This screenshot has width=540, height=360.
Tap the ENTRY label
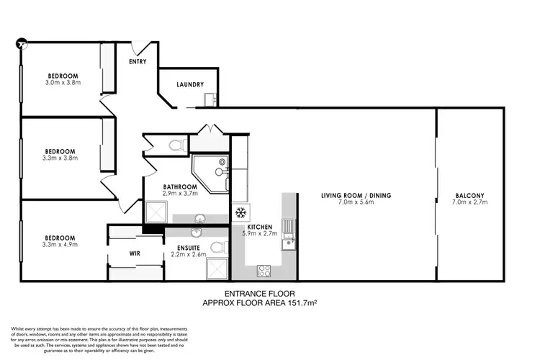[138, 62]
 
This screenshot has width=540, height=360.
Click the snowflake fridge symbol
[239, 213]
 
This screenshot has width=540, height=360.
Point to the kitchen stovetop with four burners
[264, 271]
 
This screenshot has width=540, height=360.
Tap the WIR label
[135, 253]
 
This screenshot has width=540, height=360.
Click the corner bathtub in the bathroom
[213, 172]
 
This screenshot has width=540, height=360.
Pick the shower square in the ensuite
[217, 269]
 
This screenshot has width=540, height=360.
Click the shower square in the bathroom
[156, 211]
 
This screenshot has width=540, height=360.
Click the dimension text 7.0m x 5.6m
[352, 202]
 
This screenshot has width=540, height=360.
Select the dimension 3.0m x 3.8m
[63, 83]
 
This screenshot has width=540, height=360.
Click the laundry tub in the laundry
[209, 99]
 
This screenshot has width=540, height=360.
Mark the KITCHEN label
[258, 227]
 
